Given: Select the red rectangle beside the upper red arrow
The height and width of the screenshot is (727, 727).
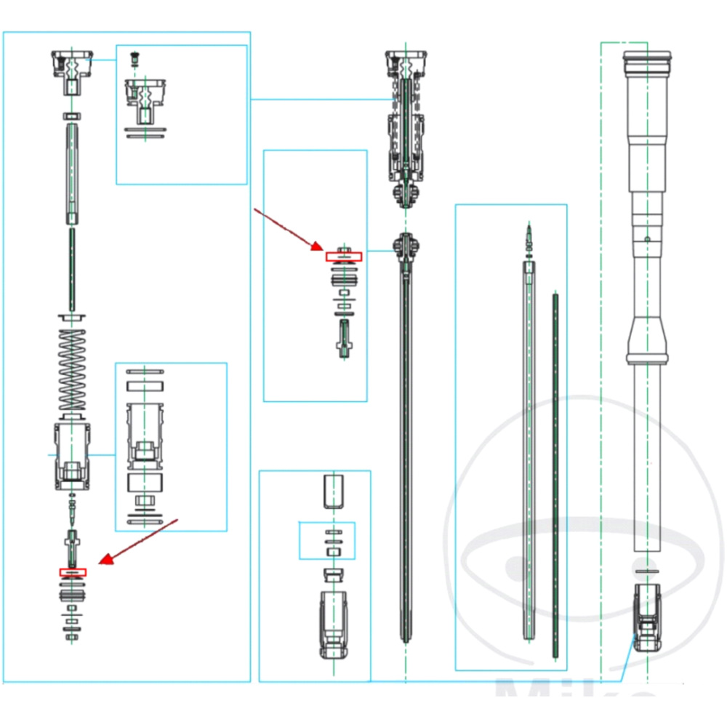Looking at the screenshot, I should (x=342, y=256).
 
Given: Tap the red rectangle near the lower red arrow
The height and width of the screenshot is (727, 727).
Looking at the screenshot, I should (x=72, y=572).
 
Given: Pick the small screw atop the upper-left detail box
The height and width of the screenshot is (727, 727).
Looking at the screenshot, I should (x=134, y=58).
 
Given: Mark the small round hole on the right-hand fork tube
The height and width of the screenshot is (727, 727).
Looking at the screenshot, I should (x=646, y=238).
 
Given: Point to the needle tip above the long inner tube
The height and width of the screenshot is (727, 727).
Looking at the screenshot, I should (x=529, y=237).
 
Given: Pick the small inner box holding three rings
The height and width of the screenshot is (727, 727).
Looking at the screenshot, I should (x=328, y=540).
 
